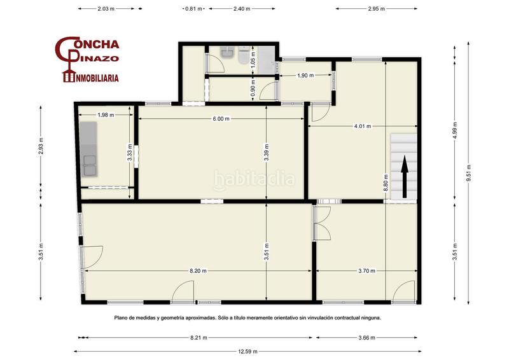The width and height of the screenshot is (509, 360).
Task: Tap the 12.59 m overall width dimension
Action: [x=247, y=351]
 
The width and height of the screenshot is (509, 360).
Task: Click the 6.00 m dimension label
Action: [x=221, y=119]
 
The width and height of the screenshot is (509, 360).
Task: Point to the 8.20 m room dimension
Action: [x=198, y=271]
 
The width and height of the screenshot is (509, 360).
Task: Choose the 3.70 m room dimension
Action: [x=366, y=271]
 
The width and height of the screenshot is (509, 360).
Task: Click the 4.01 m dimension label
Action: [x=363, y=126]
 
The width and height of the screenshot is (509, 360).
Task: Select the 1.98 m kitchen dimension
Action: [x=106, y=114]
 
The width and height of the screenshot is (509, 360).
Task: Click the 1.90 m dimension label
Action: [x=306, y=76]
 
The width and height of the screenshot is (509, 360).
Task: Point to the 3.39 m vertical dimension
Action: [x=267, y=155]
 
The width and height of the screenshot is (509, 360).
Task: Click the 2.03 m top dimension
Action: [x=107, y=10]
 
